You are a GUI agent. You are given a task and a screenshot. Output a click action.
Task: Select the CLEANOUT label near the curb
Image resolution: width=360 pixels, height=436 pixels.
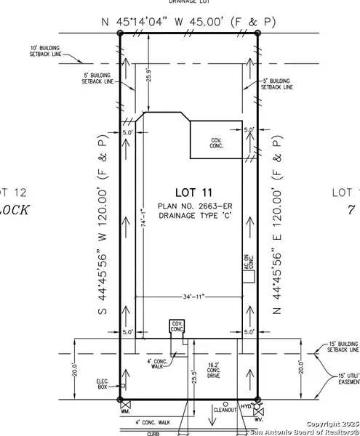click(226, 411)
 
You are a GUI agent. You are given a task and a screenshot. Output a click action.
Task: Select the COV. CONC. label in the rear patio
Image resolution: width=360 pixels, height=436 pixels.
click(216, 142)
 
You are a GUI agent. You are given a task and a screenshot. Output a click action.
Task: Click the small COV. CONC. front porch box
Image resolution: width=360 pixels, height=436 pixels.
click(176, 327)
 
